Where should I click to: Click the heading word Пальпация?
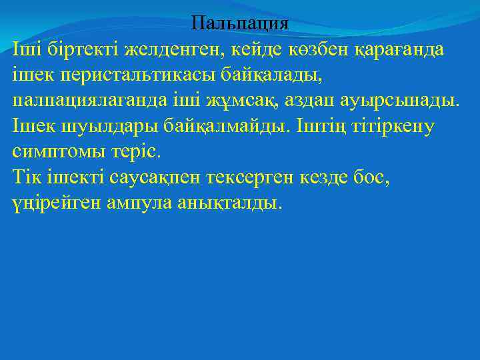point(239,23)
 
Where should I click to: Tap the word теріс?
point(137,151)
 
